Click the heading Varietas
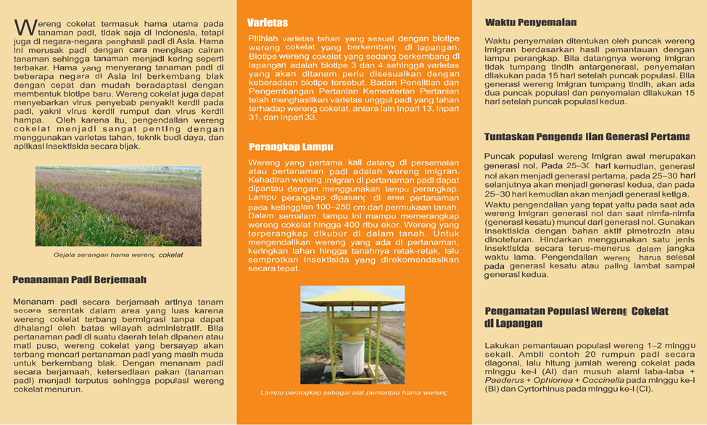268,22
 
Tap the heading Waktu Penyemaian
531,23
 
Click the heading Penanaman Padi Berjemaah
79,279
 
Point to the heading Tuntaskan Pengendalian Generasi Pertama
587,136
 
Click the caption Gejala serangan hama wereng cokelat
118,255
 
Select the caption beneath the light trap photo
353,393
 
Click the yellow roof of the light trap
353,295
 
